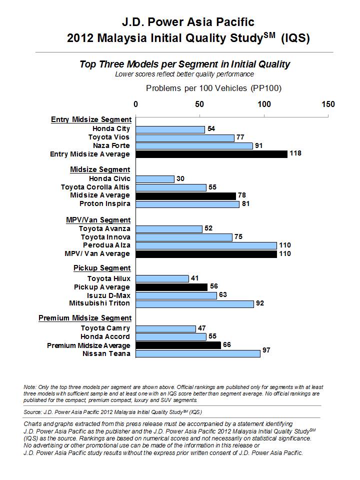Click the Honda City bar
pyautogui.click(x=170, y=129)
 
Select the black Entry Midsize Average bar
pyautogui.click(x=211, y=154)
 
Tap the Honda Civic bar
pyautogui.click(x=155, y=179)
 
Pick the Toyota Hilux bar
pyautogui.click(x=162, y=278)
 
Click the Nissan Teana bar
pyautogui.click(x=198, y=353)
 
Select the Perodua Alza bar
pyautogui.click(x=206, y=245)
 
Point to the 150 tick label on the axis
pyautogui.click(x=328, y=104)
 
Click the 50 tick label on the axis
pyautogui.click(x=199, y=104)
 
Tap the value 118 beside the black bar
pyautogui.click(x=295, y=153)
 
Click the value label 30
pyautogui.click(x=180, y=178)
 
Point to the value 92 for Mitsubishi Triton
pyautogui.click(x=260, y=303)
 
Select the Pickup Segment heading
pyautogui.click(x=102, y=268)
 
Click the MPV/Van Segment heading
pyautogui.click(x=98, y=220)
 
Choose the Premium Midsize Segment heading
pyautogui.click(x=85, y=318)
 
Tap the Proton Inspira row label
pyautogui.click(x=105, y=204)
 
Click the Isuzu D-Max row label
pyautogui.click(x=108, y=295)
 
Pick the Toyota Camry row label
pyautogui.click(x=105, y=328)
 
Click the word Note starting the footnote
pyautogui.click(x=30, y=387)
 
